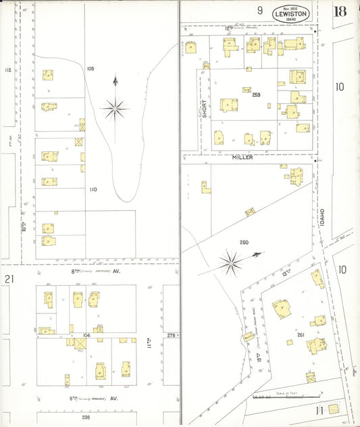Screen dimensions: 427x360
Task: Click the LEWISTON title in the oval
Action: tap(291, 13)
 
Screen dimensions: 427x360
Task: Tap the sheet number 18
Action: tap(340, 11)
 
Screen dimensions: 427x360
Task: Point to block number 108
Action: tap(90, 69)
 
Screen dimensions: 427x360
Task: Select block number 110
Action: tap(93, 190)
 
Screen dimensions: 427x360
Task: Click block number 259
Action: tap(256, 95)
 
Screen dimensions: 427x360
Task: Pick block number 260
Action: tap(244, 242)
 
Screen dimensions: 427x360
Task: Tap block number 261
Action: tap(301, 335)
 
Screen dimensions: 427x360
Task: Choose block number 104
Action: tap(86, 334)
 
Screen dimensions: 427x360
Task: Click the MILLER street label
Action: tap(242, 157)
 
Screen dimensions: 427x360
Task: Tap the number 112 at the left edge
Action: tap(8, 70)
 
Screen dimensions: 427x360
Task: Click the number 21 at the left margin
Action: tap(9, 279)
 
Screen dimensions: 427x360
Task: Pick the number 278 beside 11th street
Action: tap(171, 335)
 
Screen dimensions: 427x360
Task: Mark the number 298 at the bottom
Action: tap(86, 418)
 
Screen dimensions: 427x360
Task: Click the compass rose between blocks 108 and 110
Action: tap(115, 107)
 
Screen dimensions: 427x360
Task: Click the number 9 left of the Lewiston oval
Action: tap(259, 10)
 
